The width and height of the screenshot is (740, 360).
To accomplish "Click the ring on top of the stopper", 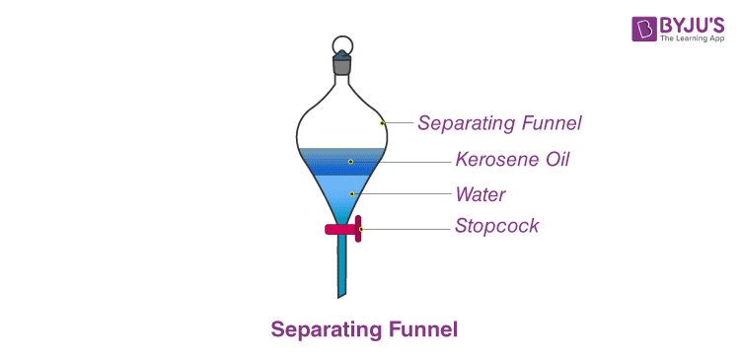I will point(341,44).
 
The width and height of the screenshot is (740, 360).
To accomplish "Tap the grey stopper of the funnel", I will point(341,65).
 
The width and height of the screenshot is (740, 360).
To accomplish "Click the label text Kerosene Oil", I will point(512,159).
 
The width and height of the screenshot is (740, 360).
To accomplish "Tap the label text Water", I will point(481,193).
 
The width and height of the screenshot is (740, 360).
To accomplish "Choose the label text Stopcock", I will point(497,226).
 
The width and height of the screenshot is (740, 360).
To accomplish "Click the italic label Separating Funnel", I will point(499,123).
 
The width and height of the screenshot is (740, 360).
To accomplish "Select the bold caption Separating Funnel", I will point(364,328).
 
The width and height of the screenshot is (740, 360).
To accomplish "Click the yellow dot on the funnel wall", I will point(383,123).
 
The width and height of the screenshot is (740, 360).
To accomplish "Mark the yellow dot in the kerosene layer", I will point(350,160).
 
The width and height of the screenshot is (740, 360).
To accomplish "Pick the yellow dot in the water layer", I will point(350,194).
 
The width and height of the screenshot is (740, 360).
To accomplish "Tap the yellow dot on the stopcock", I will point(361,229).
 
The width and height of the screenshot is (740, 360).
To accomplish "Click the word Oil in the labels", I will point(554,159).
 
